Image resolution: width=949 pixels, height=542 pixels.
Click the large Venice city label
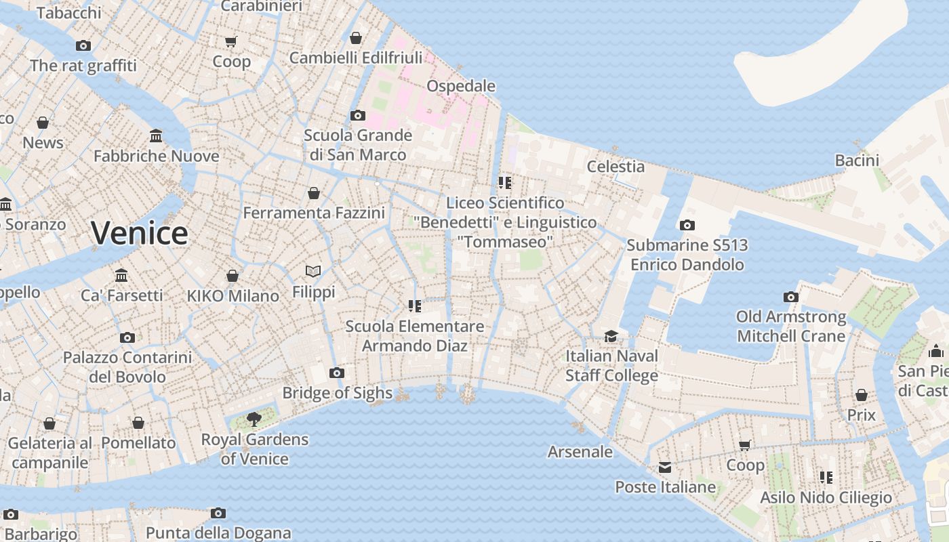coord(140,233)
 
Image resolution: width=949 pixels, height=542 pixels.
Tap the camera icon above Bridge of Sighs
coord(336,373)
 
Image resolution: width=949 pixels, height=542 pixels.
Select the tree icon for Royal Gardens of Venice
coord(254,419)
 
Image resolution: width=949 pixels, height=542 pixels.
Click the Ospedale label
coord(461,86)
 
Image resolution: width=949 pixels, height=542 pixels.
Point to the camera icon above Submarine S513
coord(687,225)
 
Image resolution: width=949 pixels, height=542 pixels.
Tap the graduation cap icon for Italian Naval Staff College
coord(611,336)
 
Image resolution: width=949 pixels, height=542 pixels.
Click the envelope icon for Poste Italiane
coord(664,467)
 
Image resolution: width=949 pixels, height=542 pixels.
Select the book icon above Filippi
coord(313,272)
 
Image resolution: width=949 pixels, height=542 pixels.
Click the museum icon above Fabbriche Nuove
coord(156,136)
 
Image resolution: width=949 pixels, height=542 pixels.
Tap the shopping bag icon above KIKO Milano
coord(233,276)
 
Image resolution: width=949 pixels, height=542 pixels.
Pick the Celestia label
coord(615,166)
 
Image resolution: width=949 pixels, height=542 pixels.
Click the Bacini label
coord(857,161)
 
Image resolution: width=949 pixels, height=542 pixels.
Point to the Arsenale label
coord(580,452)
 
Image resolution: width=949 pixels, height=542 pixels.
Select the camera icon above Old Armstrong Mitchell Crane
coord(790,297)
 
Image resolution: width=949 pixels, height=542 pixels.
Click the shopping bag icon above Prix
coord(861,395)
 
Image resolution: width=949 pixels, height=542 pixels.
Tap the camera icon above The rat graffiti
coord(83,46)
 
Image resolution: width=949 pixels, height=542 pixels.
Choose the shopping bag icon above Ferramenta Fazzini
coord(313,194)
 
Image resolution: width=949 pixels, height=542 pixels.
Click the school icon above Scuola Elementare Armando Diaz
coord(415,306)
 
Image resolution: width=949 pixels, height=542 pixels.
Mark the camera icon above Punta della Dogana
coord(218,513)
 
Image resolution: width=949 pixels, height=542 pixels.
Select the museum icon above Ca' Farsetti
coord(121,276)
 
